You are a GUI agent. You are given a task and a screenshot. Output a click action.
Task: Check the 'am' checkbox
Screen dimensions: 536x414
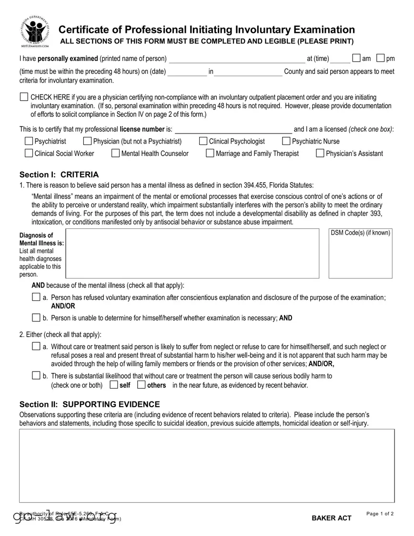pos(356,59)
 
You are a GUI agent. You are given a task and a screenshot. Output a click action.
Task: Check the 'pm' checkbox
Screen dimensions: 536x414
pos(380,59)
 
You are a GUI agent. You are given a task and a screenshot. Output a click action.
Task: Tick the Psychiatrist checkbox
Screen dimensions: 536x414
pos(29,141)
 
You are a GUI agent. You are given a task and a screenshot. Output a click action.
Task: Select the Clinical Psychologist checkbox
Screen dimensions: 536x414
pos(203,141)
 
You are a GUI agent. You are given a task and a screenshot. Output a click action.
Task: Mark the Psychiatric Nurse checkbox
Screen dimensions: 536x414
pos(286,141)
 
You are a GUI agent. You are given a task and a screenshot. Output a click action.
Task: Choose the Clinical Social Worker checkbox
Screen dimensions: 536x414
pos(29,153)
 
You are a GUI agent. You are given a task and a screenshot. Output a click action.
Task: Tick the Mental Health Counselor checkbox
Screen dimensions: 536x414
pos(115,153)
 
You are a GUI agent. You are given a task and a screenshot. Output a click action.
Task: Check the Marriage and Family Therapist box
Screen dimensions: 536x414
pos(210,153)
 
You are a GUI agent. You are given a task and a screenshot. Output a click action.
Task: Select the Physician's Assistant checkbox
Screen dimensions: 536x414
pos(320,153)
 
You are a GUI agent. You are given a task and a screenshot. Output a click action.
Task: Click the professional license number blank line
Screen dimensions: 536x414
pos(233,130)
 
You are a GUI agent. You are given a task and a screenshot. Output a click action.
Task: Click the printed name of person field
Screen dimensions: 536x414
pos(237,59)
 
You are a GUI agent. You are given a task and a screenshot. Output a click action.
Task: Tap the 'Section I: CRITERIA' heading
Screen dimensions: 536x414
pos(59,175)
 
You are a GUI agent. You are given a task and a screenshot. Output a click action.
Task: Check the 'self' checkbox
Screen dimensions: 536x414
pos(113,385)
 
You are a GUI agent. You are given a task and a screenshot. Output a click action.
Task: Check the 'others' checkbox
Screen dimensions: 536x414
pos(141,385)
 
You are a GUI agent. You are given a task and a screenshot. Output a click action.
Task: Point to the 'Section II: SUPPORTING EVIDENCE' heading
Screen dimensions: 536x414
pos(90,404)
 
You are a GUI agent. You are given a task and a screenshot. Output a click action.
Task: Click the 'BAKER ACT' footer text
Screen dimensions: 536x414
pos(332,518)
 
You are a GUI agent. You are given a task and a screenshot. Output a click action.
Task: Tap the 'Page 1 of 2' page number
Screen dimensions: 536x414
pos(380,514)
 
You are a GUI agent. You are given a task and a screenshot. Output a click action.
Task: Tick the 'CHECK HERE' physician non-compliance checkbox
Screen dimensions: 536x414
pos(24,97)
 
